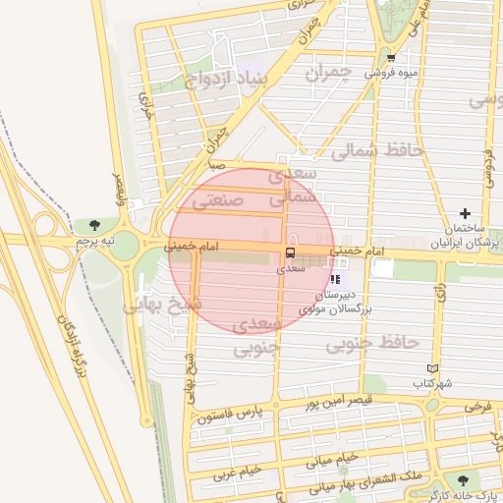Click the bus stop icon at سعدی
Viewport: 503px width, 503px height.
[x=289, y=251]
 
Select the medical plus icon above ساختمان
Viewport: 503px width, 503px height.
[x=466, y=213]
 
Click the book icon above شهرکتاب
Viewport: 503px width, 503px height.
[x=420, y=368]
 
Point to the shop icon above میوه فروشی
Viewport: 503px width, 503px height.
[x=391, y=57]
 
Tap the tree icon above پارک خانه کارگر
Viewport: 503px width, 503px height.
[x=463, y=480]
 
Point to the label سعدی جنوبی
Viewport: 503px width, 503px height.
[x=259, y=335]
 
